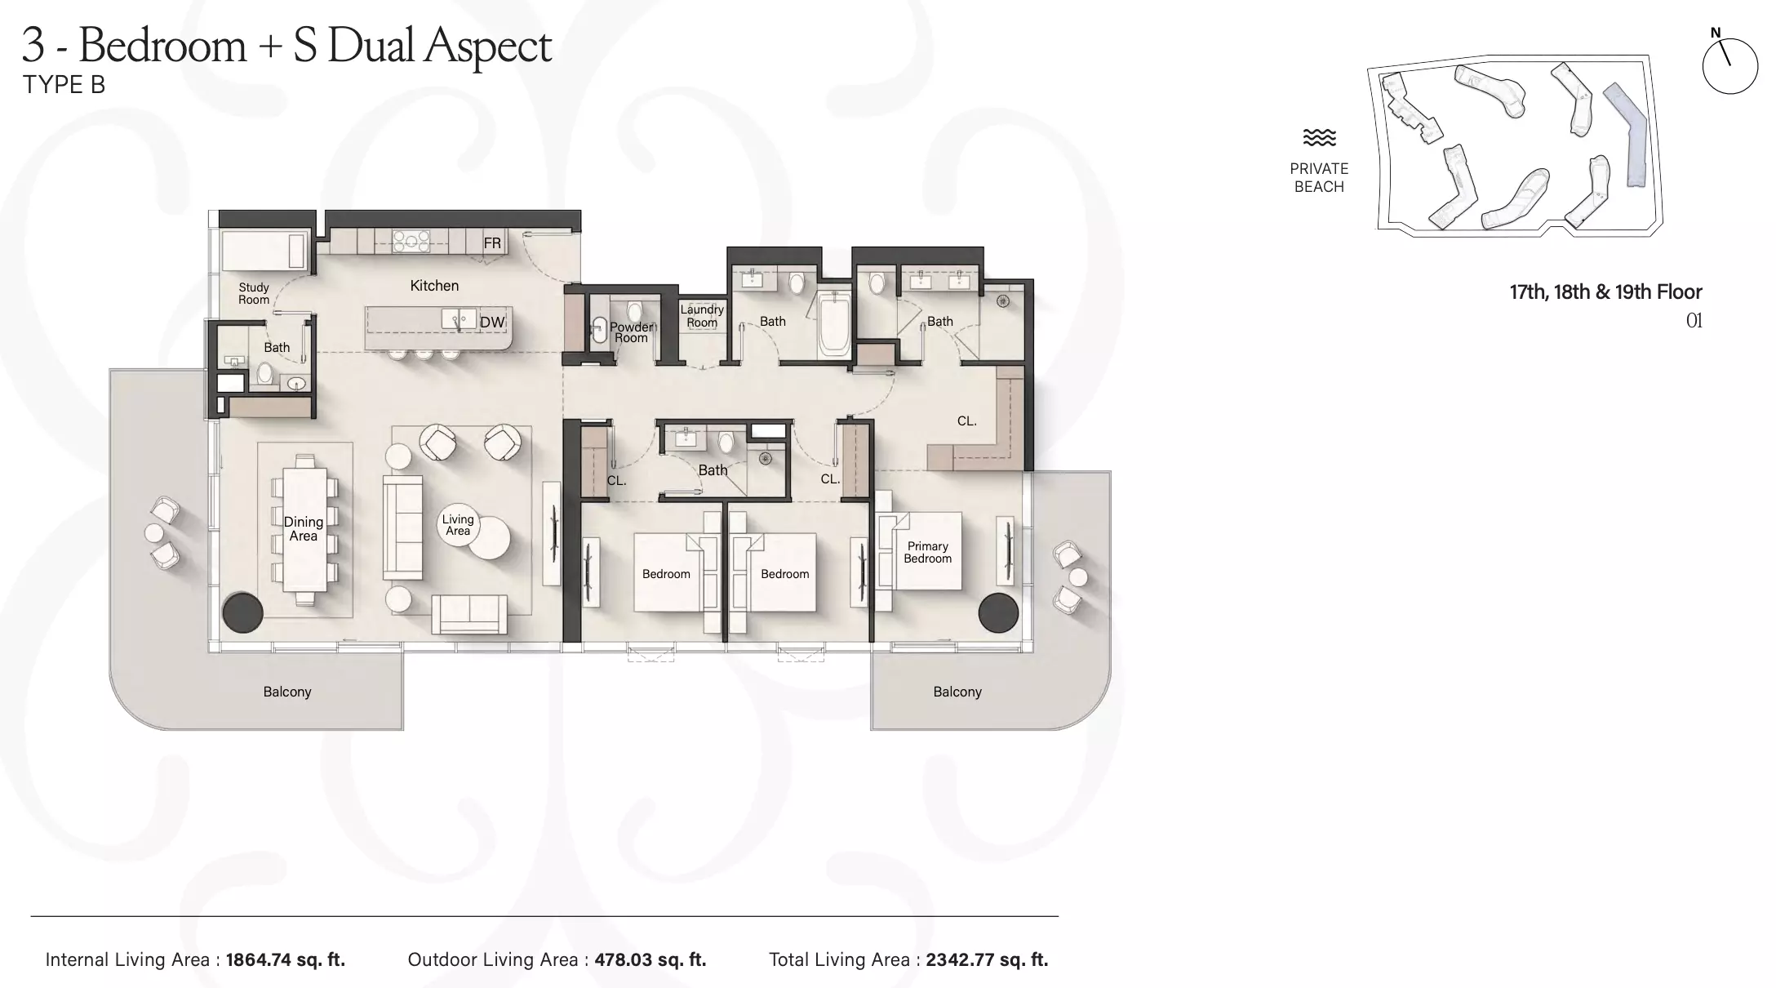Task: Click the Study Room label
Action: pyautogui.click(x=254, y=293)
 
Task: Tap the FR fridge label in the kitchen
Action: pyautogui.click(x=492, y=243)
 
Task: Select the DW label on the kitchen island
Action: pyautogui.click(x=492, y=323)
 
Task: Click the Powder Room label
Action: pyautogui.click(x=632, y=332)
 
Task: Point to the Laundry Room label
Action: pyautogui.click(x=702, y=316)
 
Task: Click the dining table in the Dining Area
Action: pyautogui.click(x=304, y=529)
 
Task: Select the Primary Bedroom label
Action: pyautogui.click(x=928, y=552)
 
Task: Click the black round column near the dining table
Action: pyautogui.click(x=242, y=612)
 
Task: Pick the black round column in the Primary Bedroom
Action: pyautogui.click(x=999, y=612)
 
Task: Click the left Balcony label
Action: pyautogui.click(x=287, y=692)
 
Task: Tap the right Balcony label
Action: pyautogui.click(x=957, y=692)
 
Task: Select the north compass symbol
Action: pyautogui.click(x=1729, y=64)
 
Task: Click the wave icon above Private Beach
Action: pyautogui.click(x=1319, y=137)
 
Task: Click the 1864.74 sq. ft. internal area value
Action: pyautogui.click(x=286, y=959)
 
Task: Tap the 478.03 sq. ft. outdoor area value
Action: pyautogui.click(x=650, y=959)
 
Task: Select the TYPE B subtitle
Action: pyautogui.click(x=64, y=85)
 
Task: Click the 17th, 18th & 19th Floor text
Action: pyautogui.click(x=1605, y=292)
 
